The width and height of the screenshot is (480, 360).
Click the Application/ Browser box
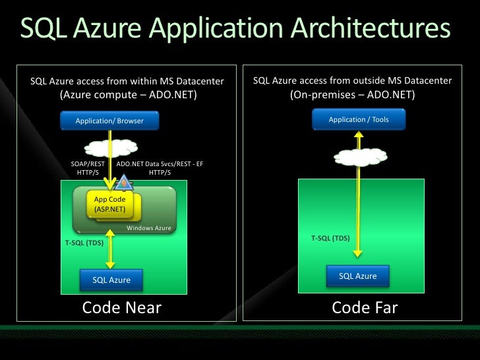point(109,121)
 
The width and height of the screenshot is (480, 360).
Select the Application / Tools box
point(359,119)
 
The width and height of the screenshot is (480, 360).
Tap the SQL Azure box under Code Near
point(111,280)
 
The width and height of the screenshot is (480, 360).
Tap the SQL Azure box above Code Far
point(358,276)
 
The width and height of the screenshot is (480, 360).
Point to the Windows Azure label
point(148,228)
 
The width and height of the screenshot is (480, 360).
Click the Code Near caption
point(121,308)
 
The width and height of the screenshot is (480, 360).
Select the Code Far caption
point(365,308)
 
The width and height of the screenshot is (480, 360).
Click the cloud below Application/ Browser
point(109,146)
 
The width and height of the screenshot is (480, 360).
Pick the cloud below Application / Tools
point(359,157)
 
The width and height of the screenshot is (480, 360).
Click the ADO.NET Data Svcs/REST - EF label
point(160,167)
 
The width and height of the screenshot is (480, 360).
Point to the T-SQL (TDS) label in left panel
point(84,243)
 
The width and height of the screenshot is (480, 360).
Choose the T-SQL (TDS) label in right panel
point(330,237)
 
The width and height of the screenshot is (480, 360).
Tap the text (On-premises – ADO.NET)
point(352,95)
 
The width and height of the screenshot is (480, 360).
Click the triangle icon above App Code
point(123,183)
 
